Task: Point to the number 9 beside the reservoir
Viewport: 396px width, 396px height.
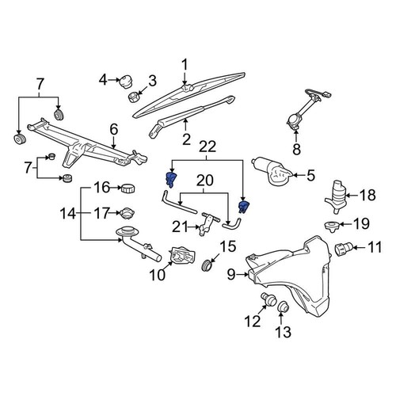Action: click(232, 275)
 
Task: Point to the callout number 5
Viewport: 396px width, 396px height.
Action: click(310, 175)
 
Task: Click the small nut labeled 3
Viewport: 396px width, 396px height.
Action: click(134, 97)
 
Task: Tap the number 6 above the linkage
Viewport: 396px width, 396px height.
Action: click(113, 128)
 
